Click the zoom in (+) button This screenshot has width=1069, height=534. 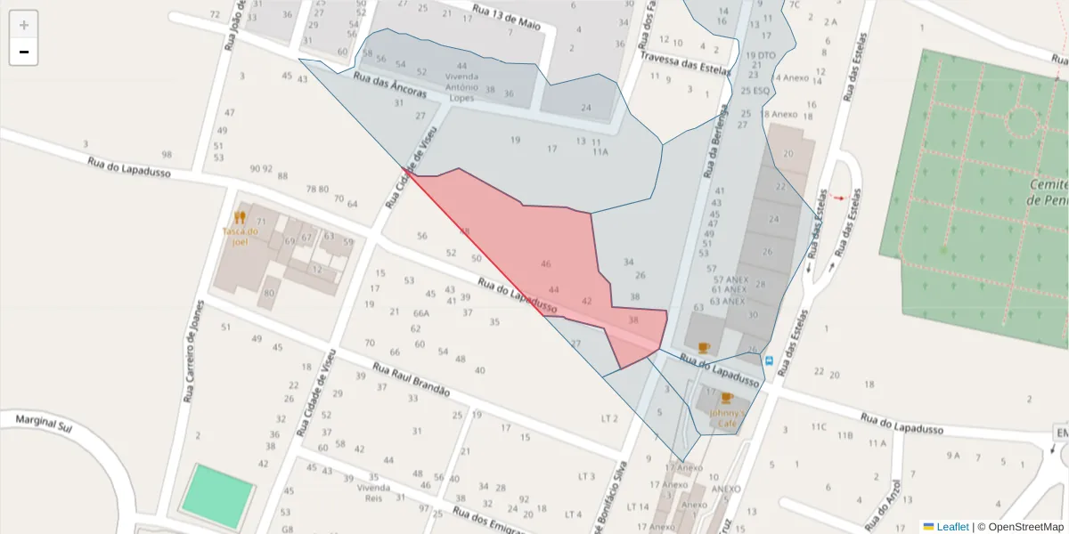click(24, 25)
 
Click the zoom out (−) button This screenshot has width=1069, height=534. click(24, 52)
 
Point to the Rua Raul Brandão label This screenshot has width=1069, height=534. click(411, 380)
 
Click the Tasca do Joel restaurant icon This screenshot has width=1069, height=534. click(239, 217)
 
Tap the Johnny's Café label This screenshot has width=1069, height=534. click(726, 418)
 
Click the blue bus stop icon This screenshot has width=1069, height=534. click(768, 360)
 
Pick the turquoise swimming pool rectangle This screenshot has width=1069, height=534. click(216, 494)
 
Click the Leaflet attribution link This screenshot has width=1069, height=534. click(952, 527)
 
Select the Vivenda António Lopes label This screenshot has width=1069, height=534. click(461, 82)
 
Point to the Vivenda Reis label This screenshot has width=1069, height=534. click(373, 493)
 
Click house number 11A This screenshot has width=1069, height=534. click(600, 152)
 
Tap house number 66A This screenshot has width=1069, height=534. click(421, 313)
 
